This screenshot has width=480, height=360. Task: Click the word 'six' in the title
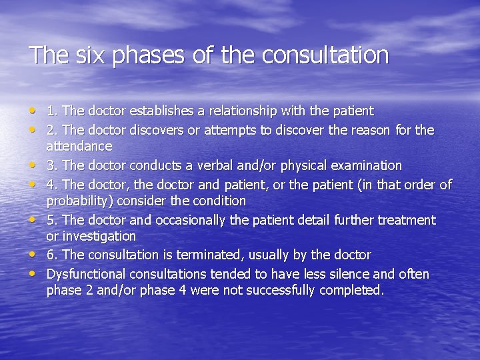coord(89,55)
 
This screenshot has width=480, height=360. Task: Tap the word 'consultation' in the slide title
coord(326,55)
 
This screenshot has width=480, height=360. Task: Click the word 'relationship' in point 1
coord(239,111)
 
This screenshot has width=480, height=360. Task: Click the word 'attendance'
coord(79,145)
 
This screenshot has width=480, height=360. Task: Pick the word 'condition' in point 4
coord(217,201)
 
